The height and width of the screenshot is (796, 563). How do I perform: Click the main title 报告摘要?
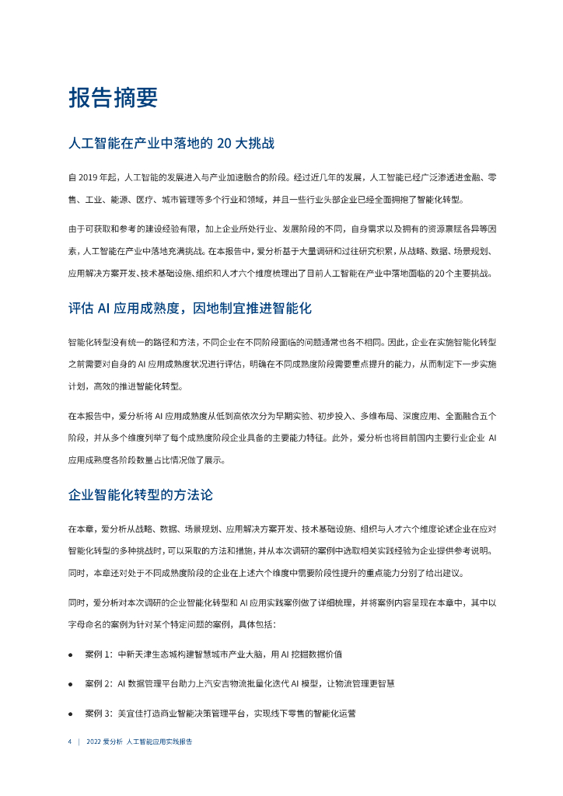[x=113, y=97]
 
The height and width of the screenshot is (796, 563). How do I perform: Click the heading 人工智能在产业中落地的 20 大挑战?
[x=170, y=144]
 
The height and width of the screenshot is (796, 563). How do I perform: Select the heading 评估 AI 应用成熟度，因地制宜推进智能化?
[x=190, y=308]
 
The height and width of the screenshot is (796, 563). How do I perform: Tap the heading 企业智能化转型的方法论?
[x=140, y=494]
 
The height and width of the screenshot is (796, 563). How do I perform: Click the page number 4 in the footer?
[x=70, y=742]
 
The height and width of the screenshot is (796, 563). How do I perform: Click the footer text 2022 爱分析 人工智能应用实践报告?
[x=140, y=742]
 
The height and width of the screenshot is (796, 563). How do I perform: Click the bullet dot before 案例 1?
[x=71, y=654]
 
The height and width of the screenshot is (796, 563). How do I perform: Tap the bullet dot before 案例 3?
[x=71, y=713]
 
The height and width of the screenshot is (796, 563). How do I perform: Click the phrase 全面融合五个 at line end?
[x=470, y=416]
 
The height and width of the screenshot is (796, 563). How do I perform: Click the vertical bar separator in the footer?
[x=79, y=742]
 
